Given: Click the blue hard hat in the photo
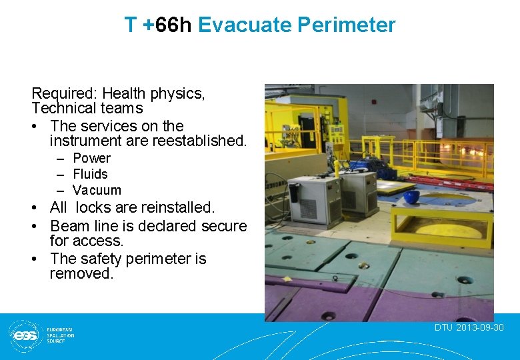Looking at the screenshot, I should click(x=412, y=197).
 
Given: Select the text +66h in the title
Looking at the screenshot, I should click(x=167, y=25).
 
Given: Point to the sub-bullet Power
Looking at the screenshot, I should click(x=91, y=158).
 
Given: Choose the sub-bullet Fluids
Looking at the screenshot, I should click(x=90, y=174).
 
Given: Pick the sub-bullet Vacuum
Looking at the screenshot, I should click(x=97, y=190).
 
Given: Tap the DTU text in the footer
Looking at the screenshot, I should click(x=443, y=327).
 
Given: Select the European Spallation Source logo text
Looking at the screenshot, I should click(x=60, y=335).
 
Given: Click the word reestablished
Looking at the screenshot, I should click(x=198, y=141).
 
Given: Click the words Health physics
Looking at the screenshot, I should click(x=153, y=93).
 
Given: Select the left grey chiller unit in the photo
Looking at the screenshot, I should click(x=315, y=199).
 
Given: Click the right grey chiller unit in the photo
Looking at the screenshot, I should click(x=359, y=192).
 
